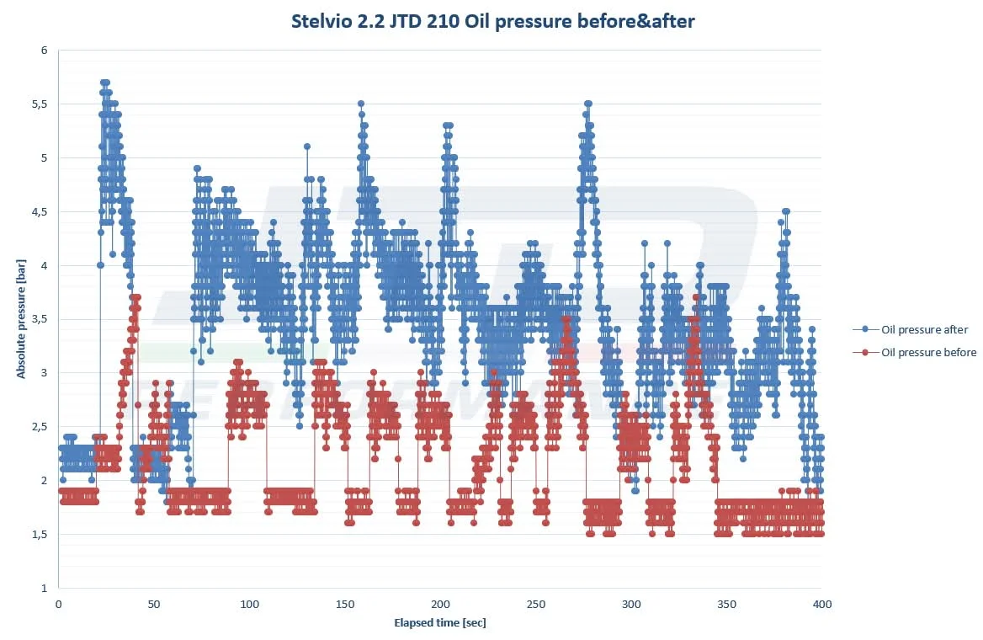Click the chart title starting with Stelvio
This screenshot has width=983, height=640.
pyautogui.click(x=493, y=22)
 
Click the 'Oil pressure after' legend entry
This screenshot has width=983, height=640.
pyautogui.click(x=924, y=329)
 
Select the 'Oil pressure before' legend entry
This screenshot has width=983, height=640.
pyautogui.click(x=928, y=352)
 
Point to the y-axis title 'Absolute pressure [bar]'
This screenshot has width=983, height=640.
pyautogui.click(x=22, y=318)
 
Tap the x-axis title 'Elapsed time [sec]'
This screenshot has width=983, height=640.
pyautogui.click(x=440, y=623)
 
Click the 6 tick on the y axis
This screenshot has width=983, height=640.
pyautogui.click(x=43, y=51)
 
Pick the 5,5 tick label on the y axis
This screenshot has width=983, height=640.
pyautogui.click(x=39, y=104)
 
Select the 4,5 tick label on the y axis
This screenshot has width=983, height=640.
pyautogui.click(x=39, y=212)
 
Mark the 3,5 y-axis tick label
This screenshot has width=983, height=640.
pyautogui.click(x=39, y=319)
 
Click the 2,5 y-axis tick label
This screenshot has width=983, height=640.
pyautogui.click(x=39, y=427)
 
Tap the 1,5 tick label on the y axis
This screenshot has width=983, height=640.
pyautogui.click(x=39, y=535)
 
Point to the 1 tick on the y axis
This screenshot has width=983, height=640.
pyautogui.click(x=43, y=588)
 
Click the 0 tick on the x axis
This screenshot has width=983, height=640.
pyautogui.click(x=58, y=604)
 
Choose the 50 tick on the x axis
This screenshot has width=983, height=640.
pyautogui.click(x=154, y=604)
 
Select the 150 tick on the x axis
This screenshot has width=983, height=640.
pyautogui.click(x=345, y=604)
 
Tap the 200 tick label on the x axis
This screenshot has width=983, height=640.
pyautogui.click(x=440, y=604)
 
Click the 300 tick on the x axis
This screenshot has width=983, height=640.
pyautogui.click(x=631, y=604)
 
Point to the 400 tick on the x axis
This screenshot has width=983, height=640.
pyautogui.click(x=822, y=604)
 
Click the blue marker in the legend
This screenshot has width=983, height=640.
pyautogui.click(x=865, y=329)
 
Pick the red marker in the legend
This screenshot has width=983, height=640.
pyautogui.click(x=865, y=352)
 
